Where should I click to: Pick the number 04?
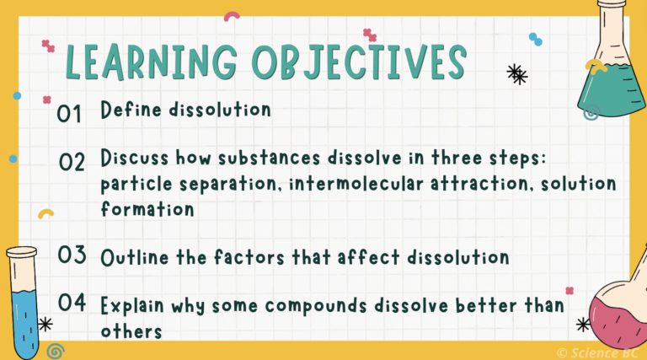click(72, 304)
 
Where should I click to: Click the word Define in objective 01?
click(127, 110)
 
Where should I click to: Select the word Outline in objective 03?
click(133, 256)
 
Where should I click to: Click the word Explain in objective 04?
click(134, 304)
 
